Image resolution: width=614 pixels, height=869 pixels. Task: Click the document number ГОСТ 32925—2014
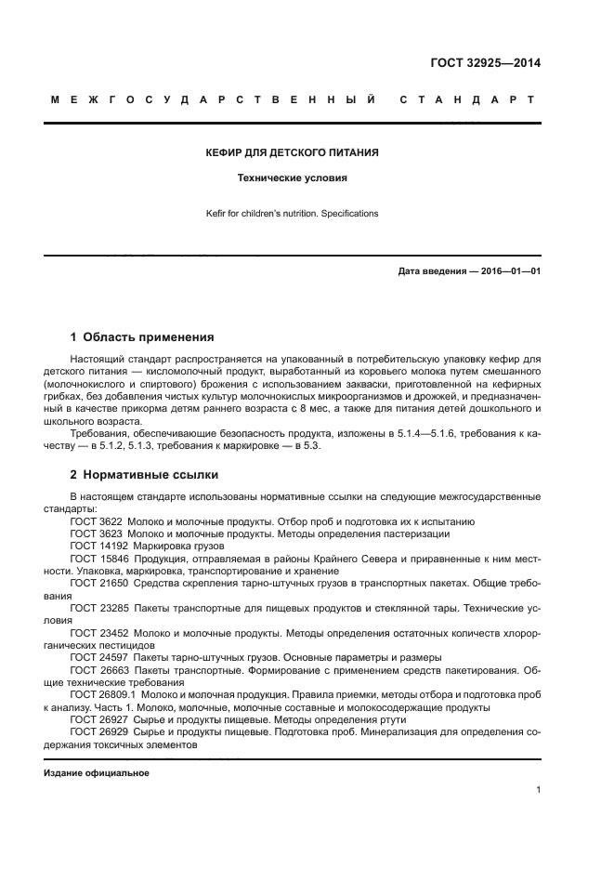pos(485,64)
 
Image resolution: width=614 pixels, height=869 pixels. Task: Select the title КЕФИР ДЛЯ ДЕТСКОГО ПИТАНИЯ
pos(291,151)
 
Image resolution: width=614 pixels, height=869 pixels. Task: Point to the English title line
pos(292,214)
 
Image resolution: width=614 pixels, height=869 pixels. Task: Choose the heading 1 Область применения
pos(142,336)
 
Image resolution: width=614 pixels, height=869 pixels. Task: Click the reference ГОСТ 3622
pos(96,522)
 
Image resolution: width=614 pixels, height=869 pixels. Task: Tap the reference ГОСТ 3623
pos(96,534)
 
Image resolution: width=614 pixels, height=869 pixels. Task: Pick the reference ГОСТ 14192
pos(98,546)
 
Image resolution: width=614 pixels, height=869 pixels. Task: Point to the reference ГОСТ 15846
pos(98,559)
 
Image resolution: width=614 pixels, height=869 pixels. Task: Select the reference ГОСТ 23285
pos(98,607)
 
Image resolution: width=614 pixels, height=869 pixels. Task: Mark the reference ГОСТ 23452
pos(98,632)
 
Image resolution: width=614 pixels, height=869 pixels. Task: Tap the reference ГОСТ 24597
pos(98,656)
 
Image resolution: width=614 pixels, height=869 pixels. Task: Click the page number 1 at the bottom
pos(538,790)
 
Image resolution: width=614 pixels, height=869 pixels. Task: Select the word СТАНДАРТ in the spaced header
pos(467,99)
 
